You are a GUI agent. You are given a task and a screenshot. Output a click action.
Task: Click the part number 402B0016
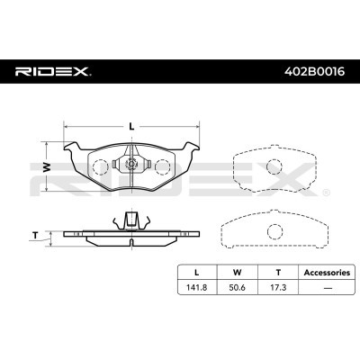pos(312,69)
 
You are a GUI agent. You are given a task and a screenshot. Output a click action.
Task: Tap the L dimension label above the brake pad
pos(131,125)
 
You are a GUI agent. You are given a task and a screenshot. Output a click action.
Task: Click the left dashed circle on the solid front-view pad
pos(102,167)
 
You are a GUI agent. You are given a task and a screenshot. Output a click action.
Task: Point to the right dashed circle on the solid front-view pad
pos(162,167)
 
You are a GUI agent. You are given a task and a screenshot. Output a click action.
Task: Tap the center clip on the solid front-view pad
pos(131,165)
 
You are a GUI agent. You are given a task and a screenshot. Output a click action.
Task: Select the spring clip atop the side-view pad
pos(131,219)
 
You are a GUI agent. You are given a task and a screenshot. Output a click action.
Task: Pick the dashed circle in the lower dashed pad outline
pos(271,230)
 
